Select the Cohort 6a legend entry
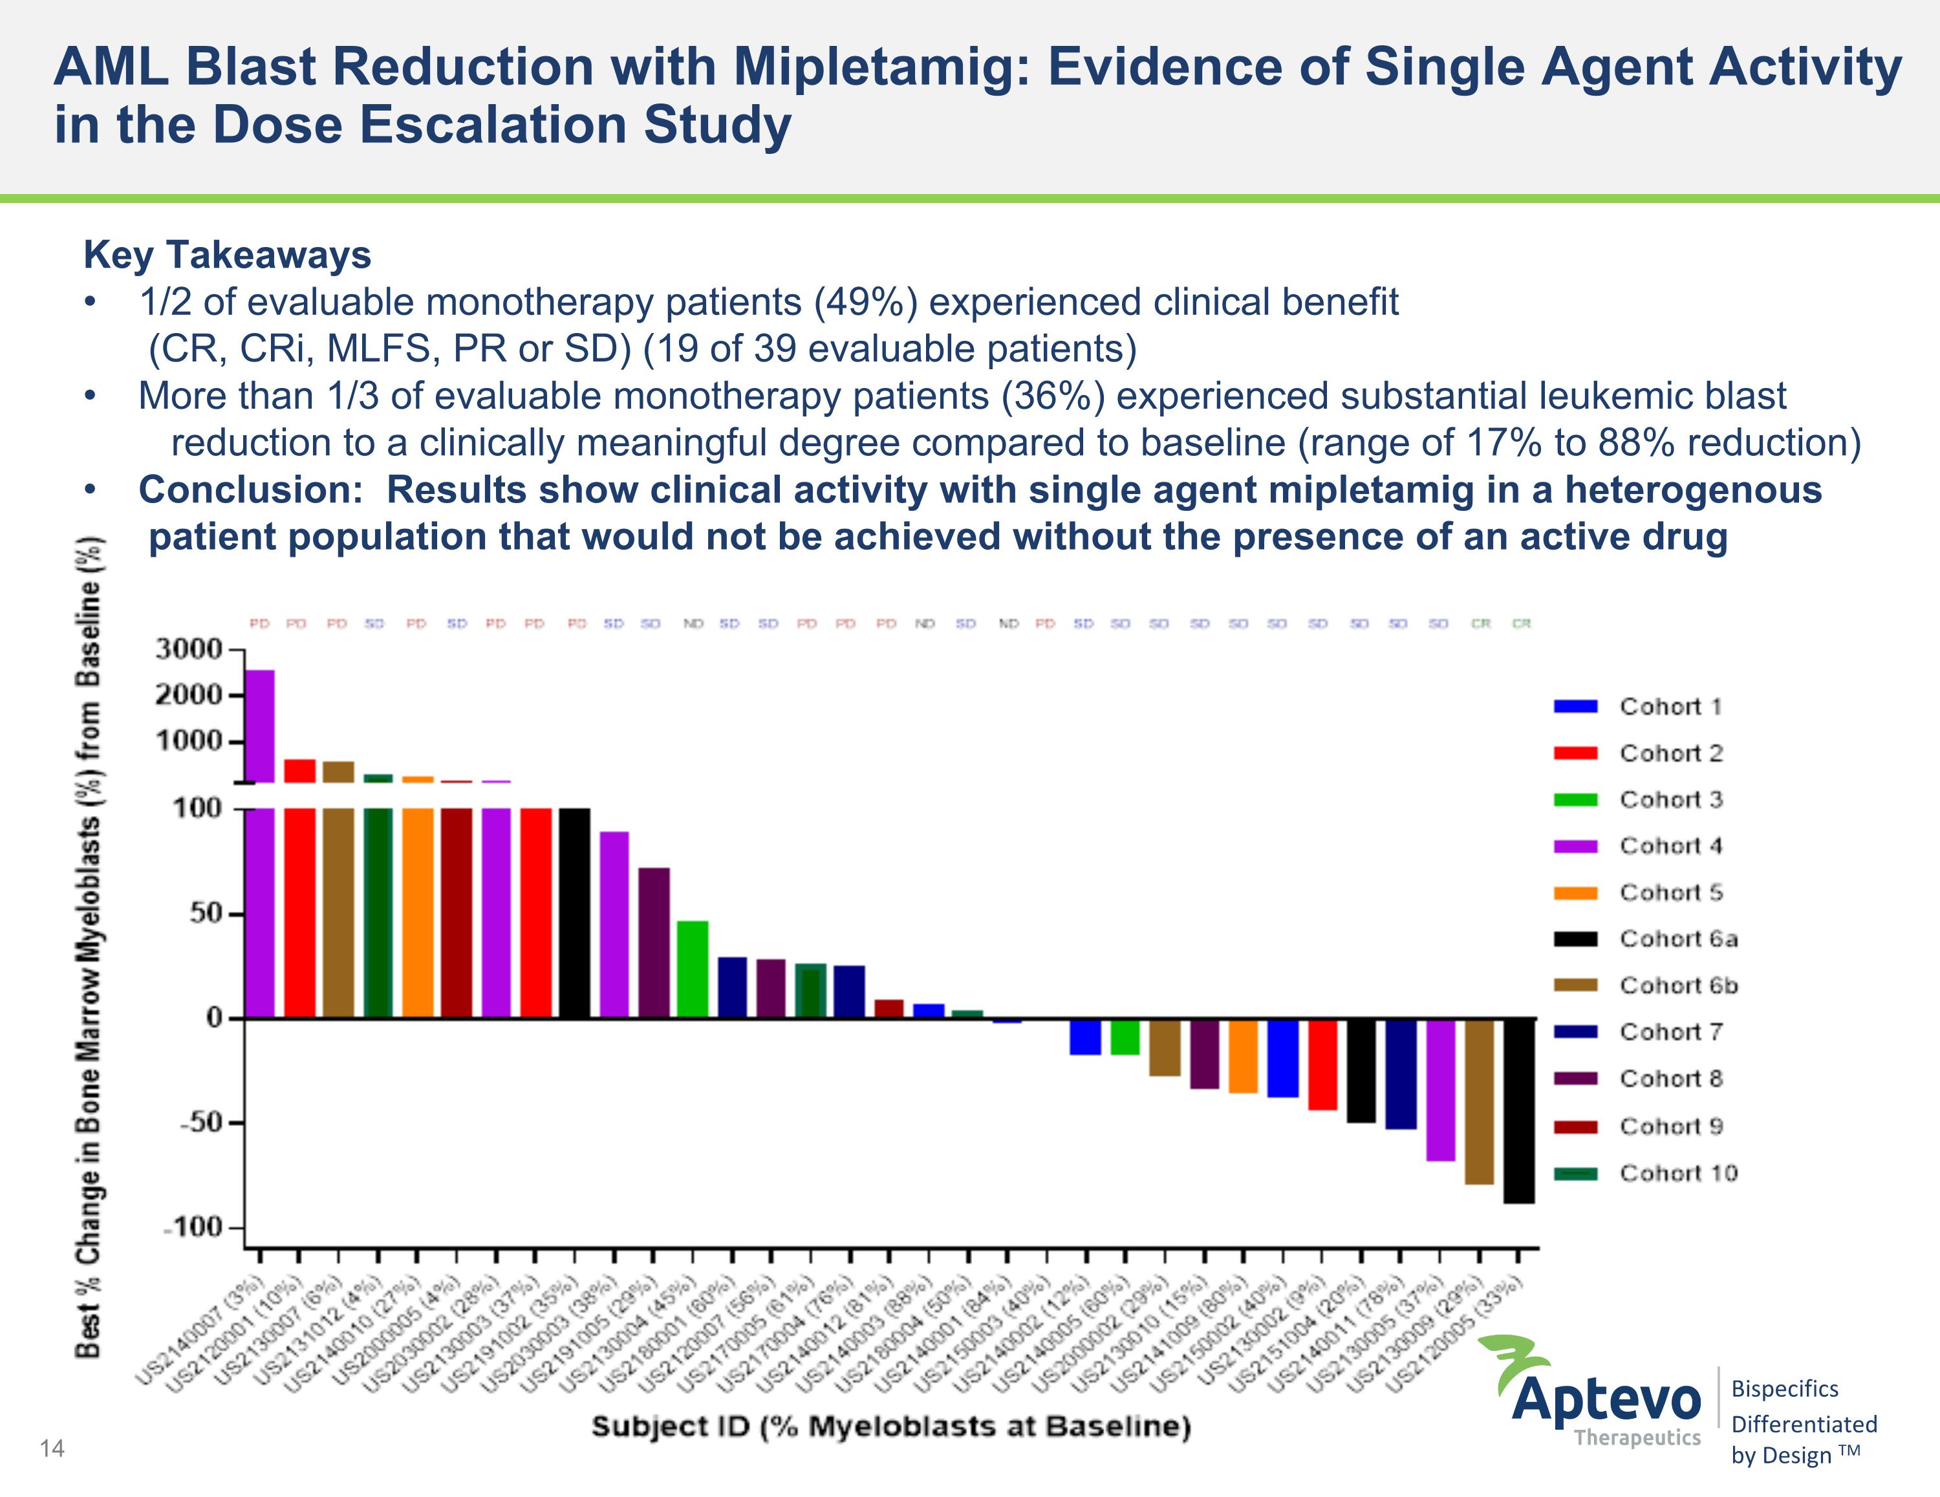coord(1677,939)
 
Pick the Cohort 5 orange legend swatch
coord(1575,893)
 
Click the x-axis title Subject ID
coord(891,1427)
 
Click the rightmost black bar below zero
coord(1518,1110)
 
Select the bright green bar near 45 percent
coord(693,969)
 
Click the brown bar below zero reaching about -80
coord(1479,1102)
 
